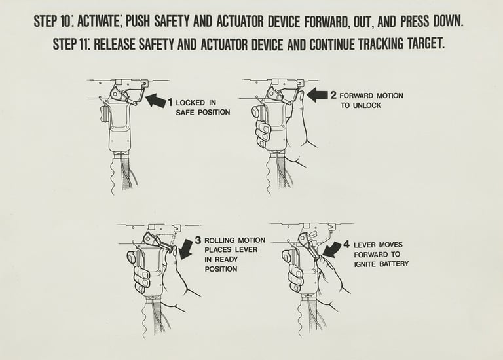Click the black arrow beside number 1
pyautogui.click(x=157, y=100)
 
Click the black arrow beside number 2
pyautogui.click(x=317, y=95)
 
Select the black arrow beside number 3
pyautogui.click(x=185, y=248)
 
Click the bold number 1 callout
pyautogui.click(x=171, y=103)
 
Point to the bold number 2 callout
pyautogui.click(x=333, y=95)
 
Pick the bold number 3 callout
pyautogui.click(x=198, y=240)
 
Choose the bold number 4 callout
pyautogui.click(x=346, y=245)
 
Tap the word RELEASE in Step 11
pyautogui.click(x=115, y=44)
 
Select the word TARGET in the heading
pyautogui.click(x=426, y=44)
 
